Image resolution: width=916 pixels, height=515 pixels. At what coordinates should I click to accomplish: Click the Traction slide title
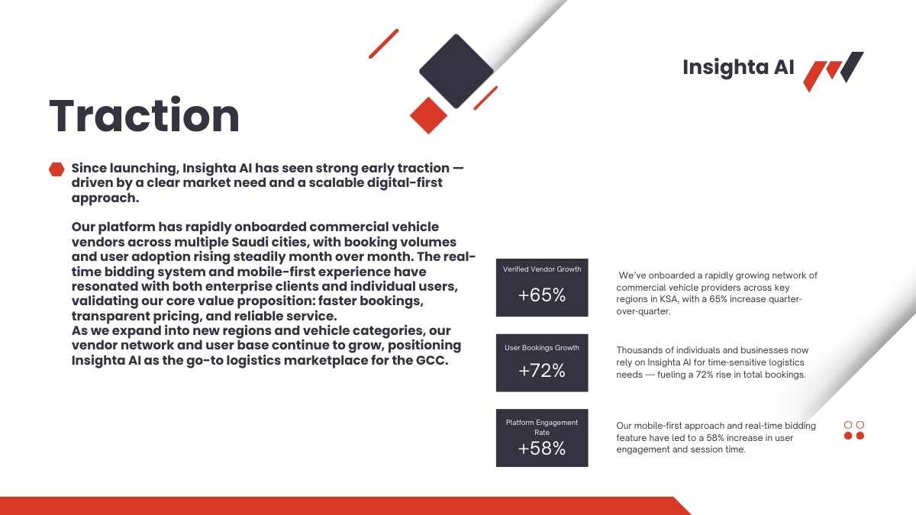(144, 116)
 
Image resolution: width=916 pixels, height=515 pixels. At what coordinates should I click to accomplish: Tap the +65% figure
(542, 295)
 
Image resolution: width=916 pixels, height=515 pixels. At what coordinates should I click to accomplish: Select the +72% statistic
(542, 370)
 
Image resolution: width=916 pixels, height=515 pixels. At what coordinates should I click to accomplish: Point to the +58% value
(542, 448)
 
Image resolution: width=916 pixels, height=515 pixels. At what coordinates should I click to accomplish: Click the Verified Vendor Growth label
(542, 269)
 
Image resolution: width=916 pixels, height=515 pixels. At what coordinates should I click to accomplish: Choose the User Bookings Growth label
(542, 347)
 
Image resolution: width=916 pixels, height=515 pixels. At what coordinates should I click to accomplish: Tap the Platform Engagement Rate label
(542, 427)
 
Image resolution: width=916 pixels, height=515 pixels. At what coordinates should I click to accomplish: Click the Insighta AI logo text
(738, 67)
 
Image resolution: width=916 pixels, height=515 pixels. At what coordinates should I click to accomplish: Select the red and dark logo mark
(834, 72)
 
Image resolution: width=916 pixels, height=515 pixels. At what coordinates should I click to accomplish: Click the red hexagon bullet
(56, 169)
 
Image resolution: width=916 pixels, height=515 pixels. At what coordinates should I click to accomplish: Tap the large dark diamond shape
(456, 71)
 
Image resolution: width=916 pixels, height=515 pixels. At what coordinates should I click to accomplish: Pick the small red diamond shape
(428, 115)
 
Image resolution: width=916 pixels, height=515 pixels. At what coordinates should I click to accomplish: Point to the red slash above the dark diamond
(383, 43)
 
